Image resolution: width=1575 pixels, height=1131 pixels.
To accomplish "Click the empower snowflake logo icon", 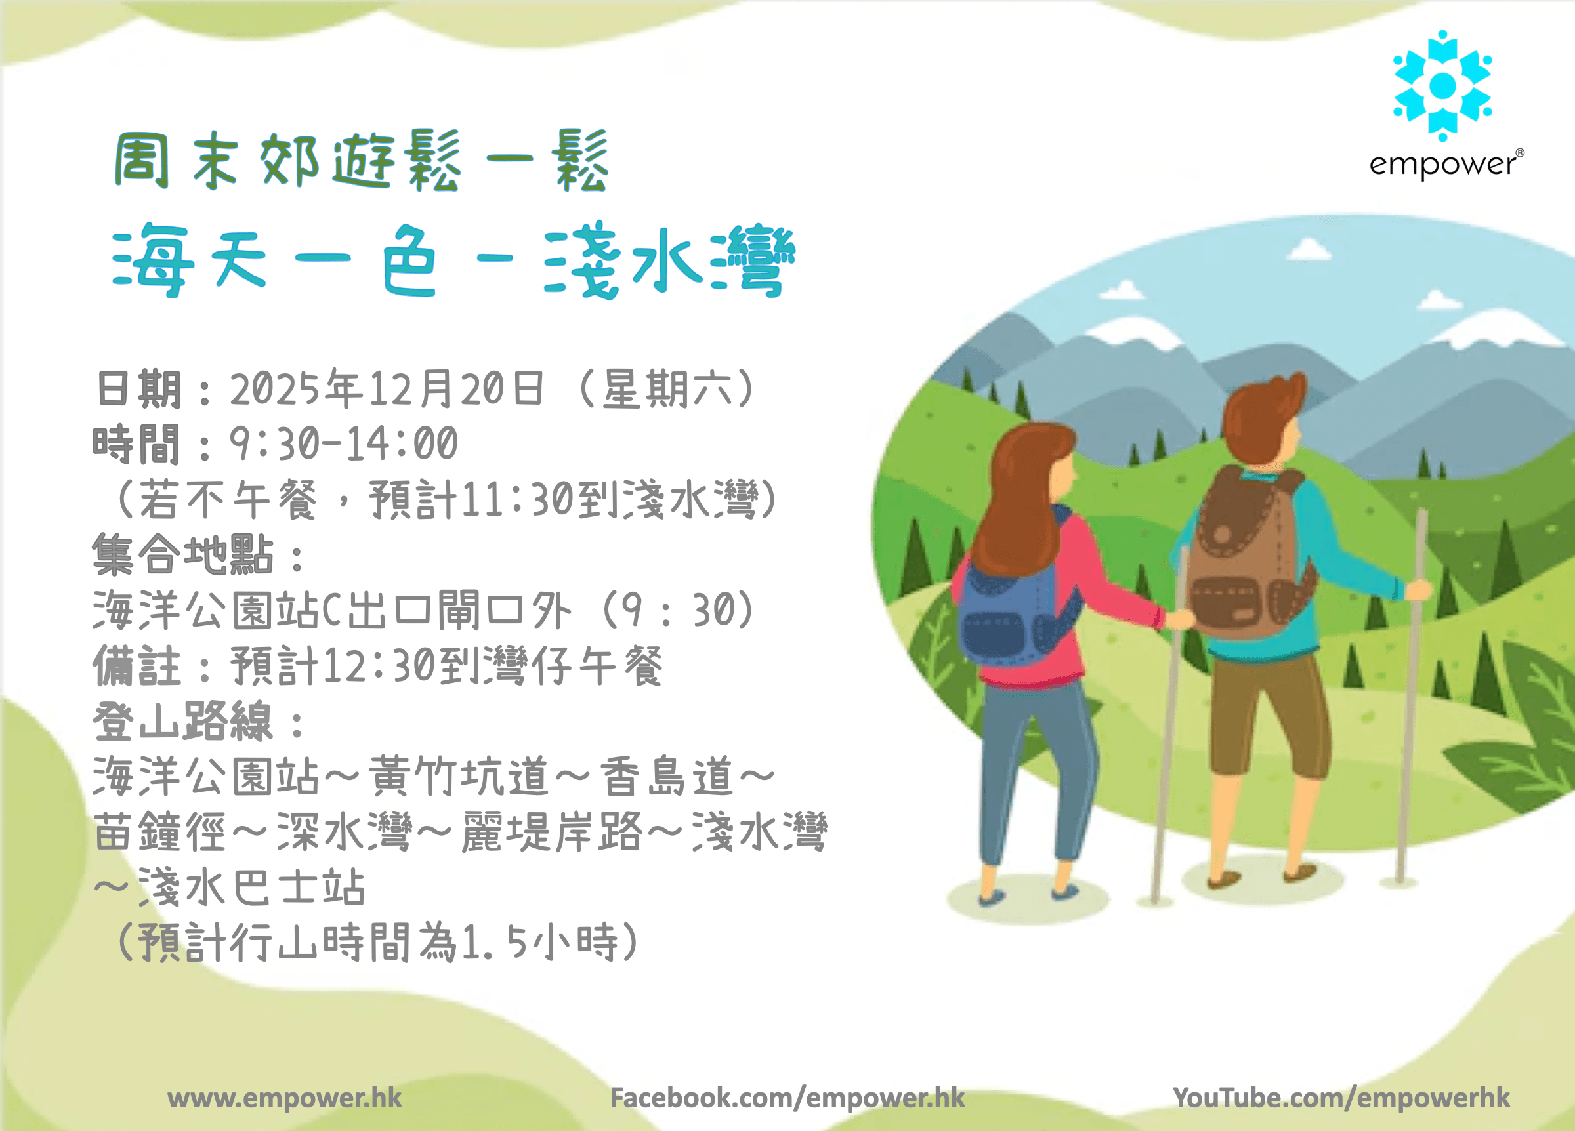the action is pyautogui.click(x=1442, y=85).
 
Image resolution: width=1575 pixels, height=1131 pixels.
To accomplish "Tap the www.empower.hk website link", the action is pyautogui.click(x=285, y=1098).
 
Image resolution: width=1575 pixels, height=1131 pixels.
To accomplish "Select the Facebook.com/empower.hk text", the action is pyautogui.click(x=787, y=1098).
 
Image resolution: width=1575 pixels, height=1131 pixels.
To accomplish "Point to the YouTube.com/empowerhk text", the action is pyautogui.click(x=1341, y=1098).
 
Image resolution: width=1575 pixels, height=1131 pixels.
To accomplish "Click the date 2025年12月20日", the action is pyautogui.click(x=387, y=389).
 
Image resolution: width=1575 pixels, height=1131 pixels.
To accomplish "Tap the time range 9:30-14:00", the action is pyautogui.click(x=344, y=443).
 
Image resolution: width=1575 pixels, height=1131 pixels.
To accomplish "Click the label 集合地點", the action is pyautogui.click(x=182, y=555).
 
